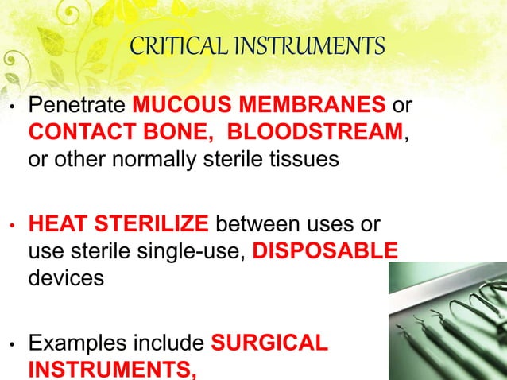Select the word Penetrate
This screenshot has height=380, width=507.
(76, 107)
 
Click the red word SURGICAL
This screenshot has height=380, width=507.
(269, 344)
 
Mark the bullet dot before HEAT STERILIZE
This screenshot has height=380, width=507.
(10, 225)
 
